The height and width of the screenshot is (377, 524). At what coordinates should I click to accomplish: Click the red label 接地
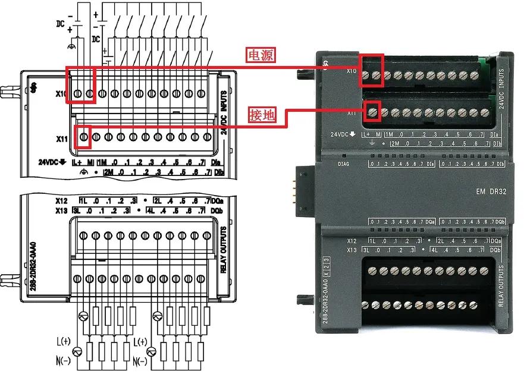[261, 114]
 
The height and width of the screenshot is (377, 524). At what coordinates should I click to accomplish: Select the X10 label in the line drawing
[61, 94]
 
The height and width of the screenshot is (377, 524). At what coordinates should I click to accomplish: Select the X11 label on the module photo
[351, 112]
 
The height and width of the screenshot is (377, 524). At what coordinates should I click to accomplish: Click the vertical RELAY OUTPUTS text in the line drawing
[224, 249]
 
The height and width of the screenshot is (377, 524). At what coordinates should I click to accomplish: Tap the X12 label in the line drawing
[62, 201]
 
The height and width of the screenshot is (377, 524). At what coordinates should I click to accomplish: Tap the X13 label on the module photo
[350, 250]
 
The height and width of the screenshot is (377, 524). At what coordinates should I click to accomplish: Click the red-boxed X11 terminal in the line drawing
[84, 137]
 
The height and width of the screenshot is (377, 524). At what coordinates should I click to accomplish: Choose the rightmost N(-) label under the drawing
[140, 362]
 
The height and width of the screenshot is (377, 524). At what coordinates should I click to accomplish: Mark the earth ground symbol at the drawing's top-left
[72, 46]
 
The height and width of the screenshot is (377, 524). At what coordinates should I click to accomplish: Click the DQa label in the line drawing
[218, 201]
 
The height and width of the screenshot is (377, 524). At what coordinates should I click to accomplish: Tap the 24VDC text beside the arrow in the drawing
[51, 162]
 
